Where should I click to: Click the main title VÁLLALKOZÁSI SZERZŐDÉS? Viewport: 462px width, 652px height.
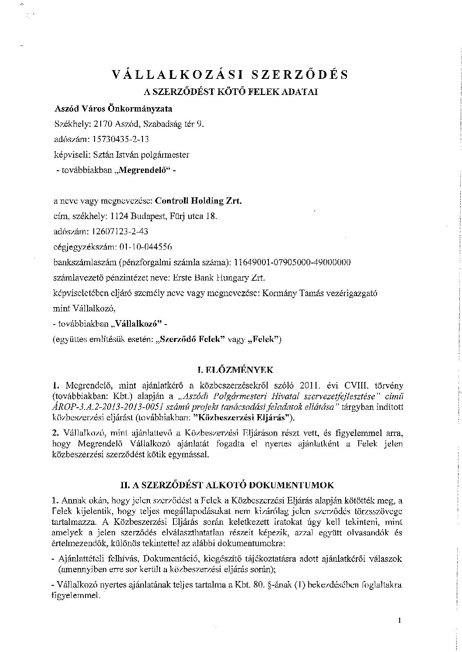tap(230, 74)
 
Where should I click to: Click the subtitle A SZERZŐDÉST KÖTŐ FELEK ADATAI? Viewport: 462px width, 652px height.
tap(231, 92)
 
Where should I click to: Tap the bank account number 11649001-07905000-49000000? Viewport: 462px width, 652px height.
tap(292, 262)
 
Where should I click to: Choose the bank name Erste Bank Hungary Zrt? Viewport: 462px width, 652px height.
tap(224, 277)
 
